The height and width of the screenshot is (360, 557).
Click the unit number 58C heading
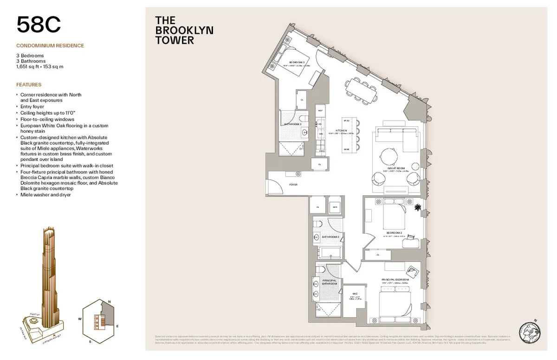pos(39,25)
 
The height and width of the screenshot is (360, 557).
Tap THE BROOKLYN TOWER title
pos(184,30)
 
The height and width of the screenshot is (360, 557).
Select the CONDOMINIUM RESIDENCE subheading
pos(50,45)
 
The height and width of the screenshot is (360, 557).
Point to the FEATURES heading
pos(29,85)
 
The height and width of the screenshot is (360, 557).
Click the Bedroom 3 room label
pos(297,62)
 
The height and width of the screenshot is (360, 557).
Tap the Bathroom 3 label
pos(293,124)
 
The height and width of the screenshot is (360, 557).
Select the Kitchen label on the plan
pos(342,131)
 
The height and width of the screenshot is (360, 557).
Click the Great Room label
pos(396,168)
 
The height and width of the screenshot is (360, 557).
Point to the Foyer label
pos(293,185)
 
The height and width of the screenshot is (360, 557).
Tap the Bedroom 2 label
pos(395,232)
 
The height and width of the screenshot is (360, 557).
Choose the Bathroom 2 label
pos(331,237)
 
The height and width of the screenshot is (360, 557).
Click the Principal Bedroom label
pos(395,280)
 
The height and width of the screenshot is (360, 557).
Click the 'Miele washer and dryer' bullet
pos(45,195)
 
